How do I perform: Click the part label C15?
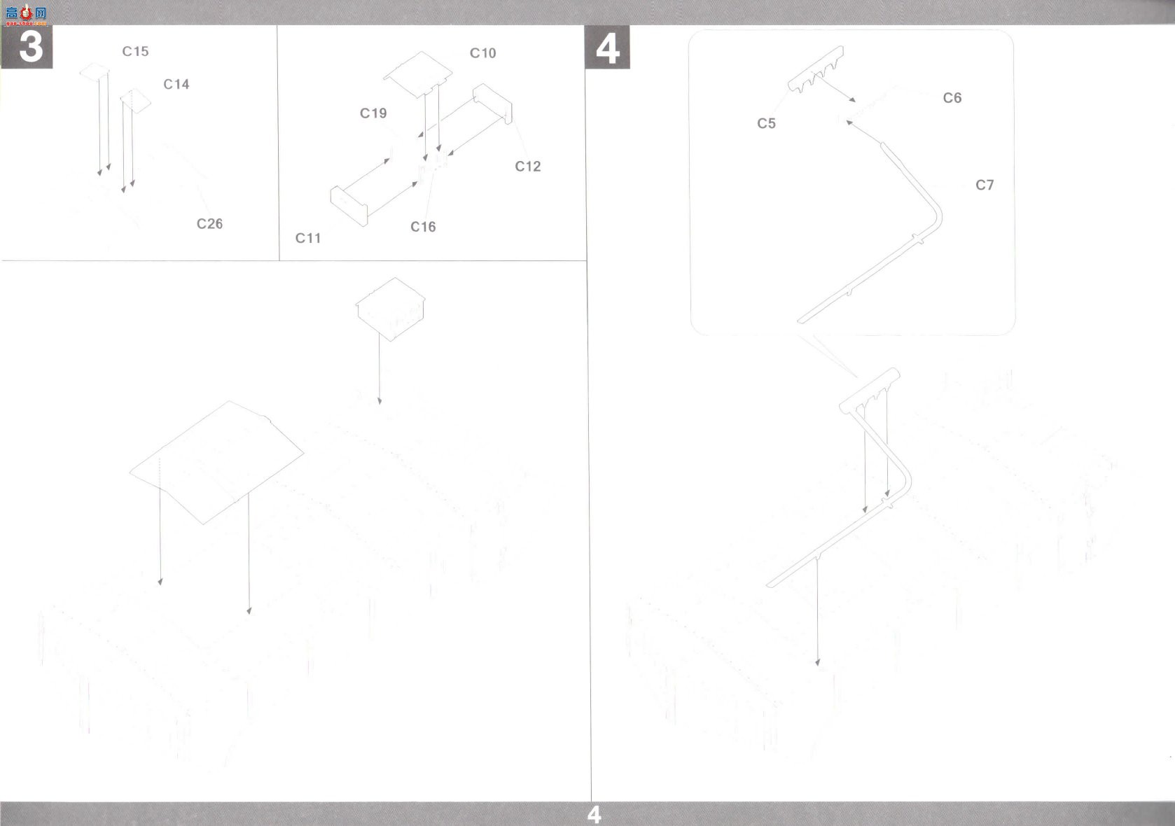[135, 51]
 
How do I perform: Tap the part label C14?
[176, 85]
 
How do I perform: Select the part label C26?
[210, 224]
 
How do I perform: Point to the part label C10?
[482, 53]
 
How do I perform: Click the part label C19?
[373, 113]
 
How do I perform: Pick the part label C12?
[528, 167]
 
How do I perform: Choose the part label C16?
[423, 227]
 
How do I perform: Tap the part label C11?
[308, 239]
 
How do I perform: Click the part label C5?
[766, 124]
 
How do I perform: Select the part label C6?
[952, 98]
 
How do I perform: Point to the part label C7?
[985, 185]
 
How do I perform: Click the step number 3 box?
[27, 47]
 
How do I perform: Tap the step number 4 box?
[607, 47]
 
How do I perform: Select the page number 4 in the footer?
[594, 815]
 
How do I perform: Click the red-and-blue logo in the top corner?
[26, 15]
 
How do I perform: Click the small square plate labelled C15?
[95, 72]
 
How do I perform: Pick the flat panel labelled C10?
[417, 74]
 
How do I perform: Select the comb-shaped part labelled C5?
[815, 70]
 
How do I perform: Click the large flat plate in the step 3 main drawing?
[216, 463]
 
